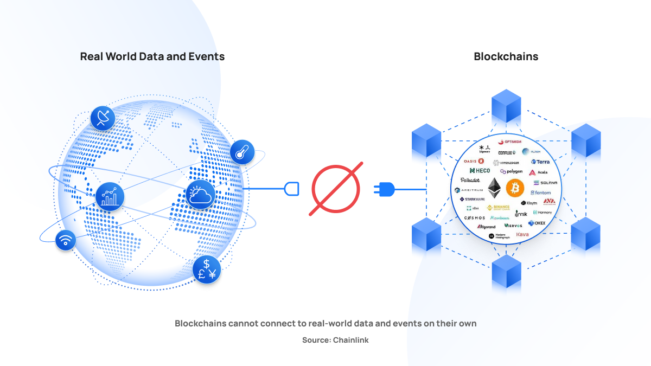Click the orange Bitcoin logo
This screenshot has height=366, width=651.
tap(515, 188)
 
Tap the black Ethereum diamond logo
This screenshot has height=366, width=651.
tap(494, 188)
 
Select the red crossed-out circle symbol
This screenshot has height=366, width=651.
tap(336, 189)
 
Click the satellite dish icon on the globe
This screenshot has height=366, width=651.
tap(103, 118)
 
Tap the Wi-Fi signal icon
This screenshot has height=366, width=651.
tap(66, 240)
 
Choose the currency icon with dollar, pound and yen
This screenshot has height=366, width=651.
tap(207, 269)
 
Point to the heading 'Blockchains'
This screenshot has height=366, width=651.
tap(506, 56)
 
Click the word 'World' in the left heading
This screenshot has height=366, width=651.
tap(124, 56)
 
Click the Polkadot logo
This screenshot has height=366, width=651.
tap(470, 180)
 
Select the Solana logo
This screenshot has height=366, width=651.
tap(545, 183)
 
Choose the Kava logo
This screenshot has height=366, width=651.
tap(522, 235)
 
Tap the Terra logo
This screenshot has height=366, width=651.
tap(540, 162)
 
